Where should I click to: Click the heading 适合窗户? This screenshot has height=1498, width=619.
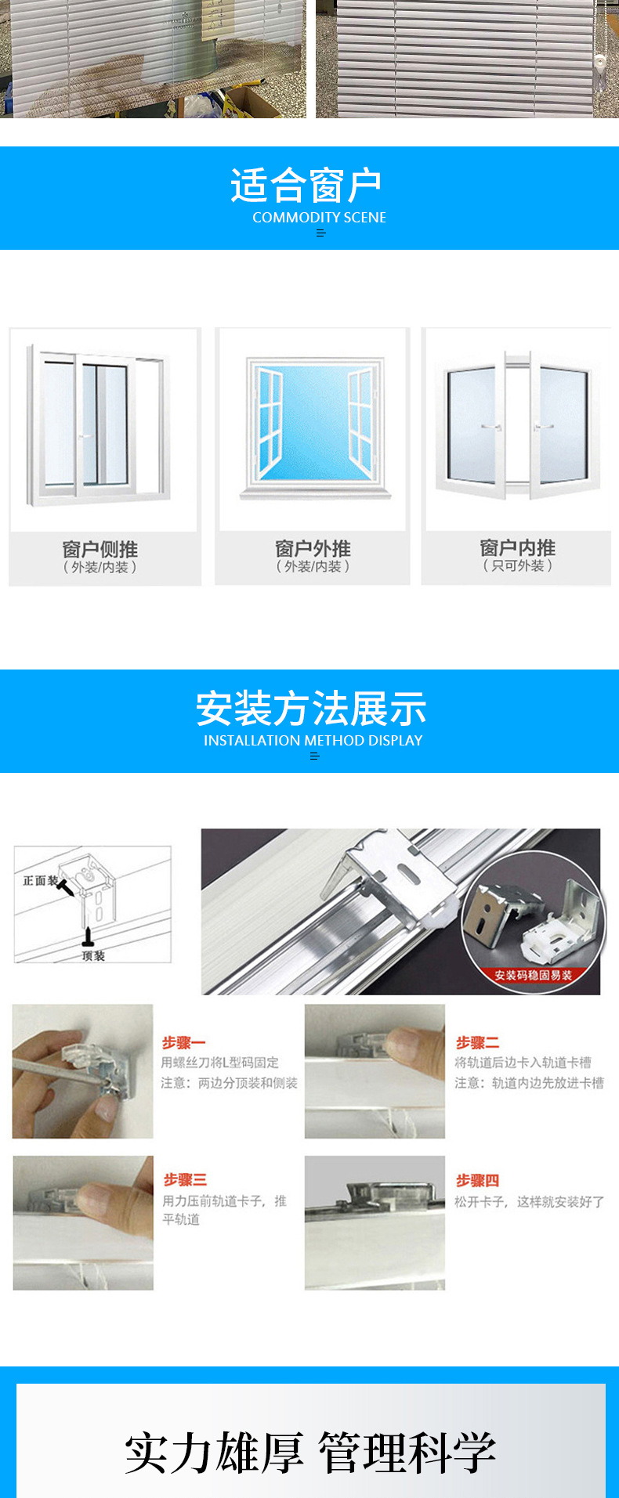pyautogui.click(x=306, y=186)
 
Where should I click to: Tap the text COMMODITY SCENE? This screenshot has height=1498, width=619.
pyautogui.click(x=319, y=218)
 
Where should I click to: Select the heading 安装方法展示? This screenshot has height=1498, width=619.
pyautogui.click(x=311, y=709)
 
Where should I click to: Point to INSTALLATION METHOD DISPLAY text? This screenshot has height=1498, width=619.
pyautogui.click(x=313, y=741)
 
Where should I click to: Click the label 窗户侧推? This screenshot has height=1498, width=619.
pyautogui.click(x=100, y=549)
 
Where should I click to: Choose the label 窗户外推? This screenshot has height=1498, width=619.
pyautogui.click(x=313, y=548)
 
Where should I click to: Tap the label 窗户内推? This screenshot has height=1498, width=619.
pyautogui.click(x=517, y=547)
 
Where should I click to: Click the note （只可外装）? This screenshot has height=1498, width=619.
pyautogui.click(x=517, y=565)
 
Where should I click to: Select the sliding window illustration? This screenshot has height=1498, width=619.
pyautogui.click(x=100, y=427)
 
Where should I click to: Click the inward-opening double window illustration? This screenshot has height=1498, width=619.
pyautogui.click(x=517, y=427)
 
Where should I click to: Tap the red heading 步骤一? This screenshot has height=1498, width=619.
pyautogui.click(x=183, y=1043)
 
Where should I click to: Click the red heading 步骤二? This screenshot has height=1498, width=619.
pyautogui.click(x=477, y=1043)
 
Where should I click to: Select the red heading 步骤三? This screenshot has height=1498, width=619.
pyautogui.click(x=185, y=1179)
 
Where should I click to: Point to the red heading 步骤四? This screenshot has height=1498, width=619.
pyautogui.click(x=477, y=1180)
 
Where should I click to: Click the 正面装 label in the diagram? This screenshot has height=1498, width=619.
pyautogui.click(x=39, y=881)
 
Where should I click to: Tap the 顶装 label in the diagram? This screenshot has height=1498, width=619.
pyautogui.click(x=93, y=956)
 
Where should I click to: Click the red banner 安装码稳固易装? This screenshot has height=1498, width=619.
pyautogui.click(x=533, y=975)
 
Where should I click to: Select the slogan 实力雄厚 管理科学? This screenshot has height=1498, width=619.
pyautogui.click(x=310, y=1453)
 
